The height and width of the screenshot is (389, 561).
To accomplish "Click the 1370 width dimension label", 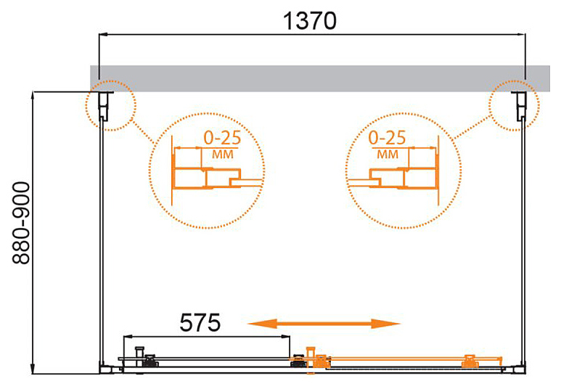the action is click(x=310, y=21).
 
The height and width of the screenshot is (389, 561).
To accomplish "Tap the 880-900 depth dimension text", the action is click(x=21, y=224).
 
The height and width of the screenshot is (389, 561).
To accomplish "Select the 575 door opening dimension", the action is click(x=200, y=322).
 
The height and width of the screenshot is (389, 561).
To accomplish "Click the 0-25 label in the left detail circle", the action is click(x=222, y=138).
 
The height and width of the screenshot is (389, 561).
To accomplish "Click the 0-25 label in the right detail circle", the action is click(x=387, y=138).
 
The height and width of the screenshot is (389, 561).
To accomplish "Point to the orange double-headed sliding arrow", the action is click(x=324, y=324).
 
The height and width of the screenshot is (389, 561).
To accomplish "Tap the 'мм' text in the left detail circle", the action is click(x=223, y=155).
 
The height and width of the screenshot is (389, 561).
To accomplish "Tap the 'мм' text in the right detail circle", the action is click(x=388, y=155).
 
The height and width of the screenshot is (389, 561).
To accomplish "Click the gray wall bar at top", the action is click(x=320, y=78).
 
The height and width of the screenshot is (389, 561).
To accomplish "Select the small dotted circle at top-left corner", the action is click(x=86, y=105).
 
